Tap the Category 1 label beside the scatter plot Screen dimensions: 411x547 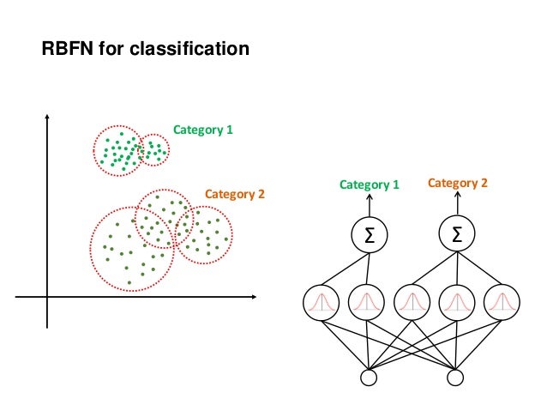tap(203, 130)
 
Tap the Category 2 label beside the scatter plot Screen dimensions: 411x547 tap(234, 195)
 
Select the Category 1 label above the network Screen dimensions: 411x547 tap(370, 184)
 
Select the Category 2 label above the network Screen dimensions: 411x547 tap(457, 183)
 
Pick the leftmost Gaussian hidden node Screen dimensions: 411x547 tap(322, 301)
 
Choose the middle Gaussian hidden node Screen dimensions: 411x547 tap(411, 301)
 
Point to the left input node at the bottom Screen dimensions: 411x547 tap(370, 376)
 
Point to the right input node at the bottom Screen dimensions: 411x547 tap(455, 376)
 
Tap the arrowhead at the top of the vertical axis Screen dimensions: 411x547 tap(47, 117)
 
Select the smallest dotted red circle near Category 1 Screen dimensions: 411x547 tap(153, 151)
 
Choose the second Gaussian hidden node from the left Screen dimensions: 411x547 tap(366, 301)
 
